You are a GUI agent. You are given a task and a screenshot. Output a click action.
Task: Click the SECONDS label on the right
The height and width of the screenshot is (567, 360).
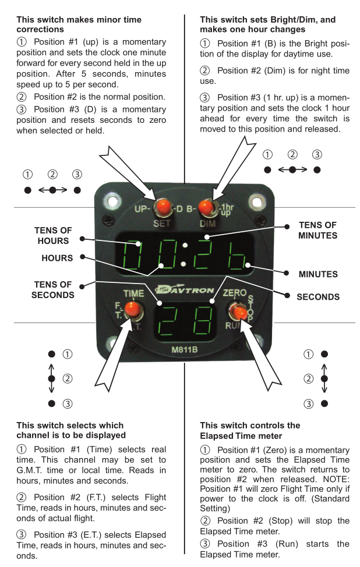coord(318,296)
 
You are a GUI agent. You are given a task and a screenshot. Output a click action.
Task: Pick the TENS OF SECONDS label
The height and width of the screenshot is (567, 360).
coord(52,289)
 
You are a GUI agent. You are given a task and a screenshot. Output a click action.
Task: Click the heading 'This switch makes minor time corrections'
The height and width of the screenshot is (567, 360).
coord(79,24)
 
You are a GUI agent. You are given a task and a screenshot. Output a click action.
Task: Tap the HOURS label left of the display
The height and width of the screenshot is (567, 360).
coord(57,257)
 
